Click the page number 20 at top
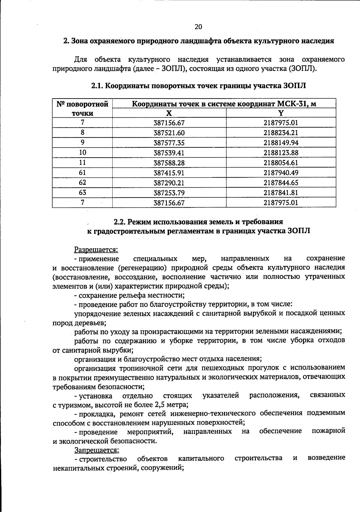click(198, 27)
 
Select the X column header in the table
click(169, 113)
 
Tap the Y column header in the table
click(281, 113)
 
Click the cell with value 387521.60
click(169, 133)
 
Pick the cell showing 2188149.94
click(281, 143)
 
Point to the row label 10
click(82, 153)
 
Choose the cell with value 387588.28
click(169, 163)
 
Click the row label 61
click(82, 172)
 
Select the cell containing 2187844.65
click(281, 183)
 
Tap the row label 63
click(82, 192)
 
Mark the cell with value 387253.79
click(169, 192)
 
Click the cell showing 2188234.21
click(281, 133)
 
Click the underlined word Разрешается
click(96, 250)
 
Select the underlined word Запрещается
click(97, 450)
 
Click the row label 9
click(82, 142)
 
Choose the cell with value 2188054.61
click(281, 163)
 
